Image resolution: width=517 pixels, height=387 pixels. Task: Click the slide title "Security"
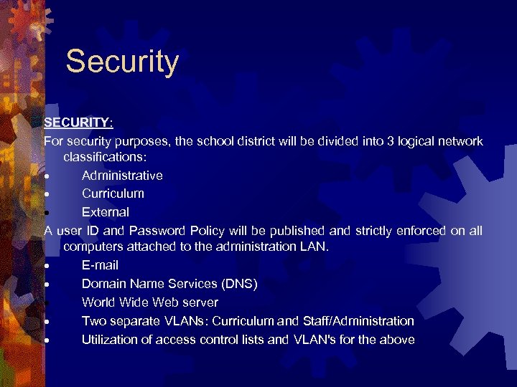(122, 62)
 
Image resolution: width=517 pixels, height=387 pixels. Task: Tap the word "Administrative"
(122, 176)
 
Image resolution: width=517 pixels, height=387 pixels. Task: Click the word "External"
(106, 212)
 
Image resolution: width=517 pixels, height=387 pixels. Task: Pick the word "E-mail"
(100, 266)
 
